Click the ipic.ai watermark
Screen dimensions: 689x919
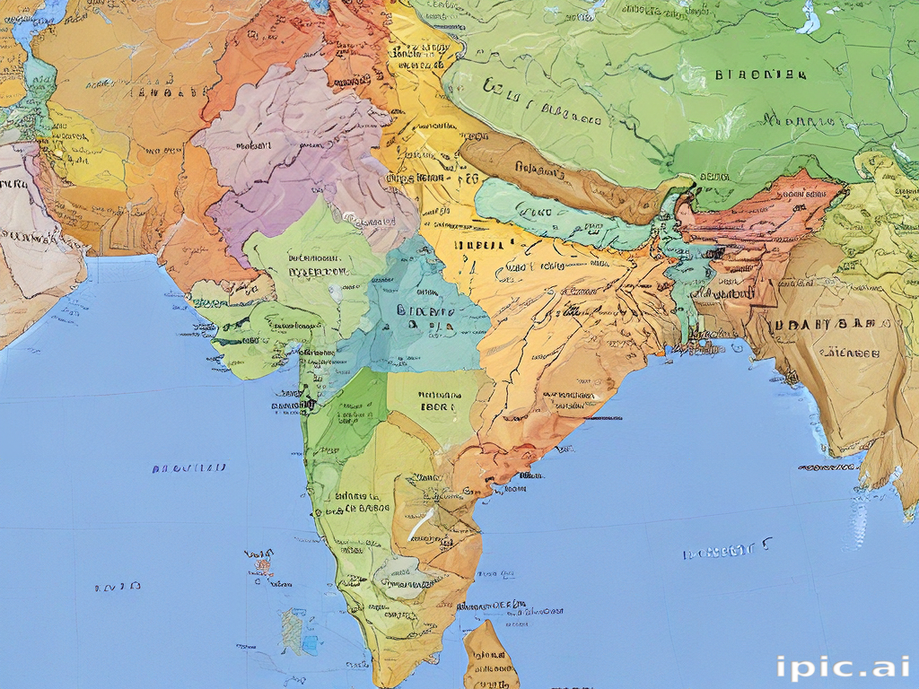[843, 667]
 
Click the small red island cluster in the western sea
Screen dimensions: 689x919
[261, 563]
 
